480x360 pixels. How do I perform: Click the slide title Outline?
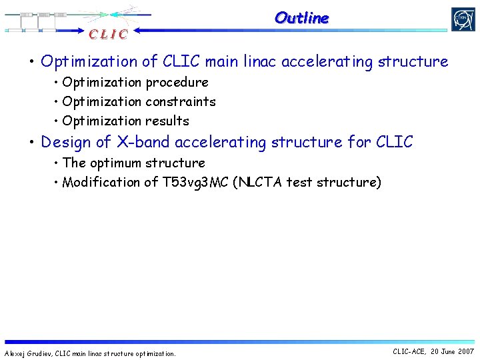[301, 18]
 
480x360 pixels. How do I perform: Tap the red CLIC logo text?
[107, 34]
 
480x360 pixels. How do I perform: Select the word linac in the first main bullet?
[256, 62]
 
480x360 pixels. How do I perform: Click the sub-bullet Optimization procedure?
[135, 83]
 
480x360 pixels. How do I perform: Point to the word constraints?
[180, 102]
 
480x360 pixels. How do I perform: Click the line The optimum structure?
[133, 163]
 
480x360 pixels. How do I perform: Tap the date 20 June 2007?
[453, 351]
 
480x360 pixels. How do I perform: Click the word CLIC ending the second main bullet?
[394, 142]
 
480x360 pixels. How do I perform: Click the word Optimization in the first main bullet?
[90, 62]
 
